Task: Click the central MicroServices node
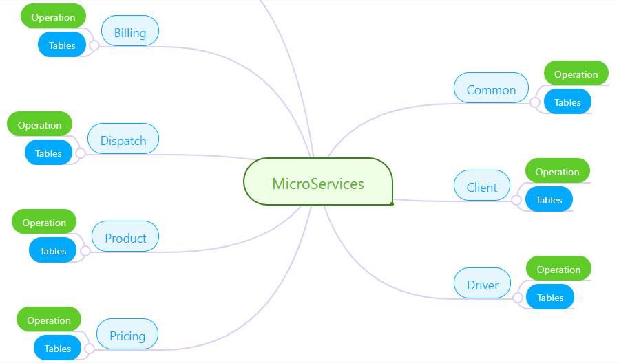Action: click(x=317, y=184)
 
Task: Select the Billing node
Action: click(x=130, y=32)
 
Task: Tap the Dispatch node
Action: click(x=123, y=140)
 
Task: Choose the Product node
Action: click(x=125, y=238)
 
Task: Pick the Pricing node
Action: click(x=127, y=335)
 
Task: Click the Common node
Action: click(x=491, y=89)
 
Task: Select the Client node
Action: click(x=482, y=187)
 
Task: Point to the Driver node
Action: click(x=483, y=285)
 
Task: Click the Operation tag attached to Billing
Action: click(x=53, y=16)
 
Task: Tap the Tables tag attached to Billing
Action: click(x=62, y=45)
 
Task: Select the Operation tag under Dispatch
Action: click(x=39, y=124)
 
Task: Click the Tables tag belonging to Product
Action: click(x=52, y=250)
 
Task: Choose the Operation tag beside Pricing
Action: click(x=49, y=320)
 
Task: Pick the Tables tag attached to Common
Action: click(x=567, y=102)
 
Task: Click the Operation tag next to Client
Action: click(x=557, y=171)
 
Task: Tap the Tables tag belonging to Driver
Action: click(x=550, y=297)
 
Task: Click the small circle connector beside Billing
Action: click(x=94, y=46)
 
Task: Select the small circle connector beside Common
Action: click(x=535, y=102)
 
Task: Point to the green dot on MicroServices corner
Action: click(x=391, y=203)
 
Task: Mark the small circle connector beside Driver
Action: click(x=518, y=298)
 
